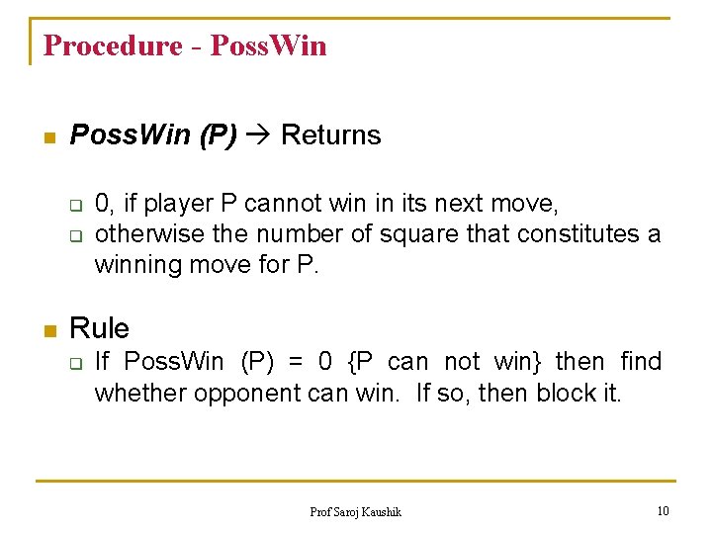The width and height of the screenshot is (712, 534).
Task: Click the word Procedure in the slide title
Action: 113,45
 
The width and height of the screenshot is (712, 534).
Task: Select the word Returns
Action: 330,135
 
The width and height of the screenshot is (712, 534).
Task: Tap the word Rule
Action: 99,328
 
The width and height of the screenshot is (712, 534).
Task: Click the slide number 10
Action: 663,510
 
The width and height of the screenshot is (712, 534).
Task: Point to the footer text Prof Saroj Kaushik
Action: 356,511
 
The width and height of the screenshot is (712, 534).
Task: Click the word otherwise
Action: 140,234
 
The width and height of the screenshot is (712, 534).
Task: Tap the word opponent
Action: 241,394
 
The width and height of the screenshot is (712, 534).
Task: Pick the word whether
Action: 140,394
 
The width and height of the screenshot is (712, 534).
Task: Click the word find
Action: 641,362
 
